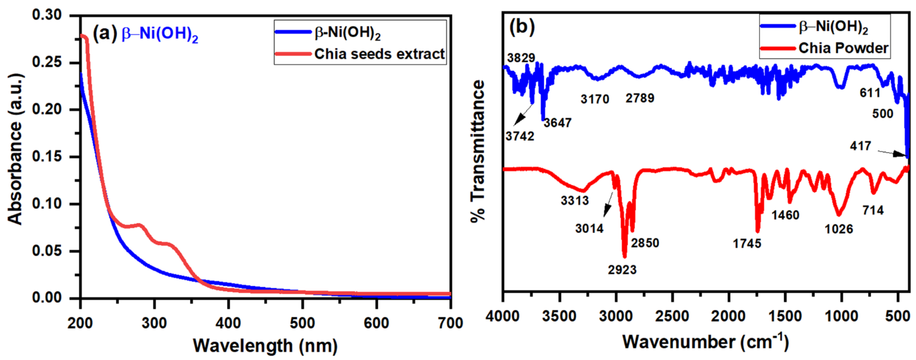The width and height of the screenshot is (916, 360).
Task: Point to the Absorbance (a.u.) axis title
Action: pyautogui.click(x=15, y=149)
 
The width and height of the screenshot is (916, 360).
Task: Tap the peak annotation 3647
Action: pyautogui.click(x=557, y=123)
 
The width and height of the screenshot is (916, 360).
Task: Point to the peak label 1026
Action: pyautogui.click(x=839, y=229)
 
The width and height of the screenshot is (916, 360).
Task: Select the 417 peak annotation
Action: pyautogui.click(x=861, y=146)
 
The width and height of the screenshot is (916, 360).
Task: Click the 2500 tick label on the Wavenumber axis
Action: pyautogui.click(x=672, y=316)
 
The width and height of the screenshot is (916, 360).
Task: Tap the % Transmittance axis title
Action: pyautogui.click(x=478, y=151)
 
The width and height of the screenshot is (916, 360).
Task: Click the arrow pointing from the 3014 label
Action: pyautogui.click(x=609, y=204)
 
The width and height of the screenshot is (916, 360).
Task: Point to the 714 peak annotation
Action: pyautogui.click(x=873, y=210)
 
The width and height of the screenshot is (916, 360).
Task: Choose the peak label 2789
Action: pyautogui.click(x=640, y=98)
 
